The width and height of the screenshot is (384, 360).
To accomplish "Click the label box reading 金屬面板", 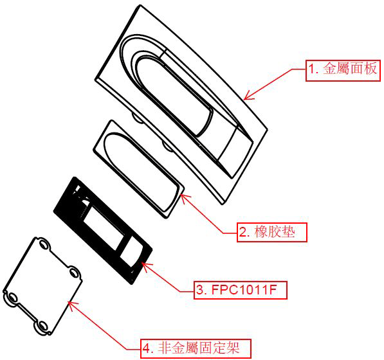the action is point(343,71).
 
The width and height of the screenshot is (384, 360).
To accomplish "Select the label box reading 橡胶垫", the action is point(272,232).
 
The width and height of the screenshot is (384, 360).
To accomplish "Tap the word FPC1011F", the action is point(244,290).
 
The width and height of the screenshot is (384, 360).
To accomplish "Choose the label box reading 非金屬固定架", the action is point(196,348).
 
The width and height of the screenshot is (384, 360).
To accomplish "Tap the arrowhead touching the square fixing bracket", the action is point(71,305).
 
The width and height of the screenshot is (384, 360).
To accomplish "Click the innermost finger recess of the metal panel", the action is point(172,95).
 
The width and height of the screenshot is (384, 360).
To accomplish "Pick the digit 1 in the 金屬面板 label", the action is point(311,69).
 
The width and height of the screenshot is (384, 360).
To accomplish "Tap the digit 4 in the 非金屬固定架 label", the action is point(146,348).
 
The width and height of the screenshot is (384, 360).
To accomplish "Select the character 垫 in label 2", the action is point(288,231).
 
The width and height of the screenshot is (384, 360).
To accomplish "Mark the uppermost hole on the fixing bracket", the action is point(44,245).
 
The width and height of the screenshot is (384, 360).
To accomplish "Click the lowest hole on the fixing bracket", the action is point(43,327).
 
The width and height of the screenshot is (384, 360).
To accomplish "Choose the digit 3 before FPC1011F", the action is point(201,290).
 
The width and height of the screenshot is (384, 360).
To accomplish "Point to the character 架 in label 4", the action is point(232,348).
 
